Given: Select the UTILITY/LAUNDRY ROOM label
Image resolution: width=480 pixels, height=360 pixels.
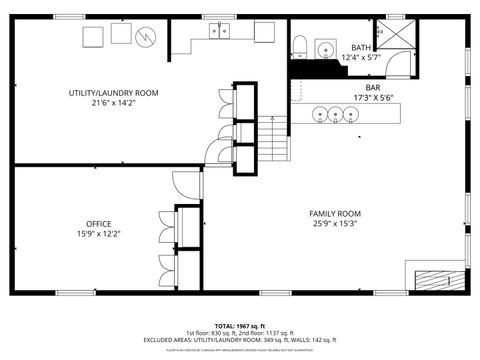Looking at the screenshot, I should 113,93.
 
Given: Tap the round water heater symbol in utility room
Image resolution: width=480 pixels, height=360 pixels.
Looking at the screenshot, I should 147,36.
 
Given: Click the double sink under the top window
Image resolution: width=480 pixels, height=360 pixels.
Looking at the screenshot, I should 219,32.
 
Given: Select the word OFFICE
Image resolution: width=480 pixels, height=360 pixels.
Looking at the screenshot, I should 98,223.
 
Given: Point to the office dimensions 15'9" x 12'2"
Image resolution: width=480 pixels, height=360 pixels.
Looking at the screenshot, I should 98,234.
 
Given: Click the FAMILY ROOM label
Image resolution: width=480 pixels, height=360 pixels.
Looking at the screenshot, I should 334,213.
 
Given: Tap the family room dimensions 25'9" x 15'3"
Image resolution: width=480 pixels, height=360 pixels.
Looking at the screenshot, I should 334,224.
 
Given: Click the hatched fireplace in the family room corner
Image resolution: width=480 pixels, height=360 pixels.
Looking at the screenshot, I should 436,279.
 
